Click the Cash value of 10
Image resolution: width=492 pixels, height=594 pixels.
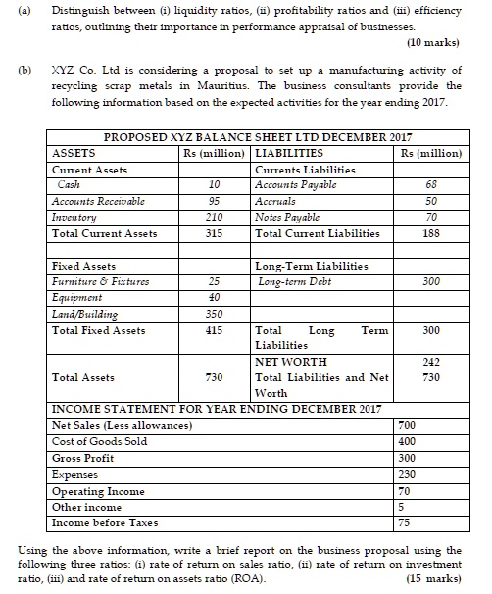(213, 184)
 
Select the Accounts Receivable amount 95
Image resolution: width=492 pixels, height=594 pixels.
(213, 201)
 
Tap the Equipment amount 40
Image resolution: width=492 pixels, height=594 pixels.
(213, 297)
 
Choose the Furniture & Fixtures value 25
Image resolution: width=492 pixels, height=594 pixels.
(213, 281)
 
